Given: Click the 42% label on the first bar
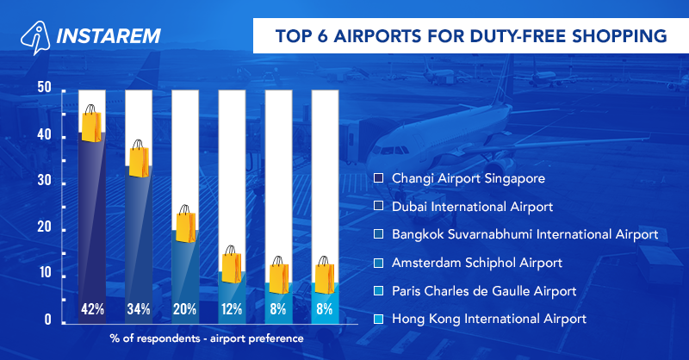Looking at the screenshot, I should point(92,308).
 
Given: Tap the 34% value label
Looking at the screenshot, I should point(139,308).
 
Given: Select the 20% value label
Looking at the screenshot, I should point(185,308).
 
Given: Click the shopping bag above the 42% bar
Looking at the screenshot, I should point(91,124).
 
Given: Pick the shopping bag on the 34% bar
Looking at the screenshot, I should point(138,158).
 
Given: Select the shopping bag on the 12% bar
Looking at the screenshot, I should point(232,264).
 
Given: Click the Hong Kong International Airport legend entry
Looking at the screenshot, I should point(488,319).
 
